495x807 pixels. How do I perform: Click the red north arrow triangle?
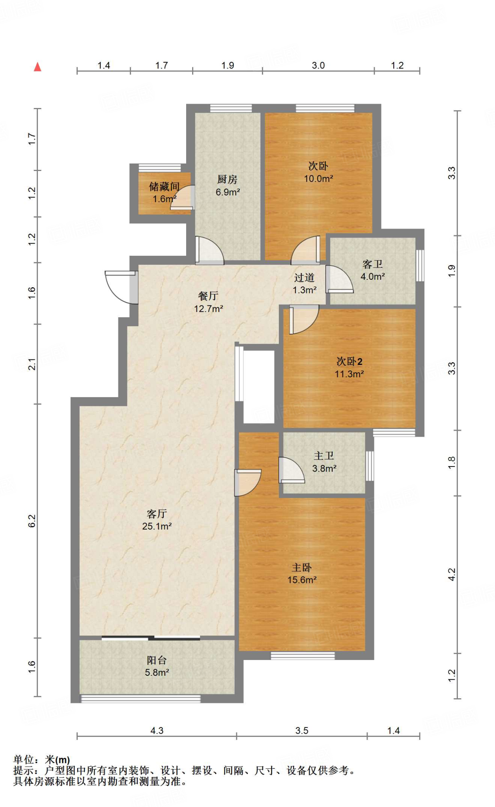point(37,67)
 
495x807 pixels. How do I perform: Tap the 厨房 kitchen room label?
point(227,180)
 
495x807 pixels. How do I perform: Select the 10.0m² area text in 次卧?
point(318,179)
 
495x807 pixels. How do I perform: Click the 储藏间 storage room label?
point(164,186)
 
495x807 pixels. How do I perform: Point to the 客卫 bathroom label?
point(373,264)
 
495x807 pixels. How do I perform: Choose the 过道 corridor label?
point(304,278)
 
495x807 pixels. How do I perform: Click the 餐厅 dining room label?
point(208,296)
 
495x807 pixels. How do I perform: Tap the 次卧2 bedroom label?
point(349,361)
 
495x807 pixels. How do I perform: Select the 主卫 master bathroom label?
point(324,456)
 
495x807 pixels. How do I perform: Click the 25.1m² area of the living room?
point(157,526)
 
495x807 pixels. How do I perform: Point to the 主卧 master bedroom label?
point(302,567)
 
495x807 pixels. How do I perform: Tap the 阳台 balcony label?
point(157,660)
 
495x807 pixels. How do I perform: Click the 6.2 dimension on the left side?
point(32,521)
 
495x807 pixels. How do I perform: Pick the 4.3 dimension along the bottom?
point(157,731)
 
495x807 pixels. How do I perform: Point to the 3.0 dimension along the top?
point(318,65)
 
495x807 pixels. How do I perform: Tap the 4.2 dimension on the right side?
point(452,574)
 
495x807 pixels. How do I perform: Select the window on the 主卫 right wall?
point(370,466)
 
